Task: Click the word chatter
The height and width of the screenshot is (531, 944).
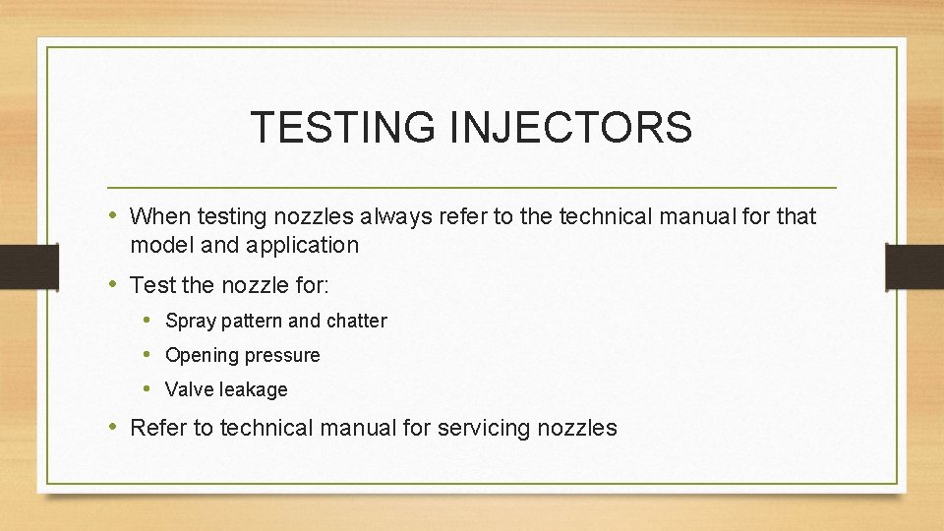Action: [357, 321]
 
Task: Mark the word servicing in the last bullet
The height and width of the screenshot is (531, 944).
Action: [481, 429]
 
